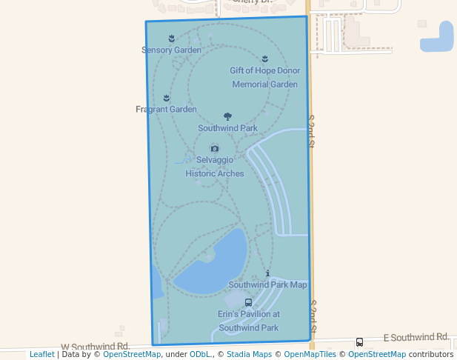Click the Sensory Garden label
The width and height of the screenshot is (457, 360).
pyautogui.click(x=171, y=50)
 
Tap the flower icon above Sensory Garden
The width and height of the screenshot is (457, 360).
pyautogui.click(x=171, y=38)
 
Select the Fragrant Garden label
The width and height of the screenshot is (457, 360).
pyautogui.click(x=166, y=110)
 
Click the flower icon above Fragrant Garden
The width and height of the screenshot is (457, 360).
pyautogui.click(x=166, y=98)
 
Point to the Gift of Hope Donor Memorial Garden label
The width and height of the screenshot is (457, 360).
pyautogui.click(x=264, y=78)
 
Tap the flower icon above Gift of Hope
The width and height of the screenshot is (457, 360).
pyautogui.click(x=265, y=59)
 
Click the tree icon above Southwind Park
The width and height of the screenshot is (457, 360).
pyautogui.click(x=227, y=117)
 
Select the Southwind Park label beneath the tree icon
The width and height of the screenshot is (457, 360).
pyautogui.click(x=227, y=128)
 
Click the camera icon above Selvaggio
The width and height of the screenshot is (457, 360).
pyautogui.click(x=215, y=148)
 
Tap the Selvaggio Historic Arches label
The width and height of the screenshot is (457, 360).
pyautogui.click(x=215, y=167)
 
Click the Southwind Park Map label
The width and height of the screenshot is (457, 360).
pyautogui.click(x=267, y=284)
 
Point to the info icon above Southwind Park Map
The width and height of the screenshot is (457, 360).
pyautogui.click(x=267, y=273)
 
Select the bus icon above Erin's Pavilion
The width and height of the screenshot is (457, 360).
pyautogui.click(x=248, y=302)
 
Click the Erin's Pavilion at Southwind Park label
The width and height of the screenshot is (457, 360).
pyautogui.click(x=248, y=321)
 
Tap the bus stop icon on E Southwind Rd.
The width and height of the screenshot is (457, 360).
pyautogui.click(x=359, y=342)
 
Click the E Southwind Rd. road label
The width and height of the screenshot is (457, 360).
pyautogui.click(x=416, y=338)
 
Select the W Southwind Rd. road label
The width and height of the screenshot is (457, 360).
pyautogui.click(x=96, y=347)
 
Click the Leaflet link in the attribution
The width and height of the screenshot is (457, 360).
pyautogui.click(x=41, y=355)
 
